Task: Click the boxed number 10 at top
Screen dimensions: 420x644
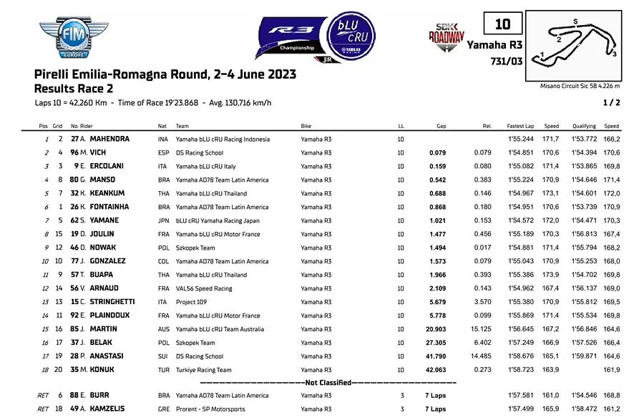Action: coord(502,24)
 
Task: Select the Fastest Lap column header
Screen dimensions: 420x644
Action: coord(519,126)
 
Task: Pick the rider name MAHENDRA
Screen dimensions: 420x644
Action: coord(109,139)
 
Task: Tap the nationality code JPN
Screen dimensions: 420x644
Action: coord(163,220)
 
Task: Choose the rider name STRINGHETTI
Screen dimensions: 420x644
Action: coord(116,302)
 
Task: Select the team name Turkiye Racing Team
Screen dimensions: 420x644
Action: coord(203,370)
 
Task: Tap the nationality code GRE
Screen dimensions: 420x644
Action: coord(163,409)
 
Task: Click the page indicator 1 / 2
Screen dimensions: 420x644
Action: coord(613,103)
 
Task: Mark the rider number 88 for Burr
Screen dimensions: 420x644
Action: coord(74,395)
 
